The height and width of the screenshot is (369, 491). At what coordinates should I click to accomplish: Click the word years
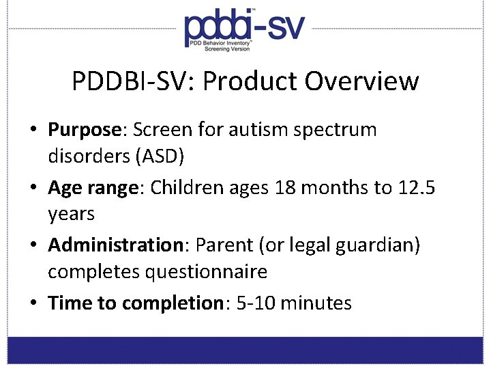tap(71, 214)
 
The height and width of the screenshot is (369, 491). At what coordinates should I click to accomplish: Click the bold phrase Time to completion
tap(136, 303)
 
